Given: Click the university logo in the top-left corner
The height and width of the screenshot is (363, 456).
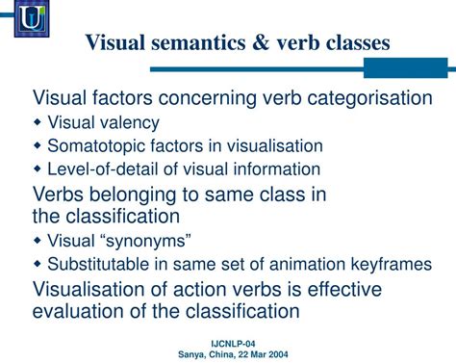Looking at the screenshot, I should (31, 17).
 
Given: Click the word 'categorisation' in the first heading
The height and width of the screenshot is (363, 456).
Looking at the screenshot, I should (369, 98).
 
